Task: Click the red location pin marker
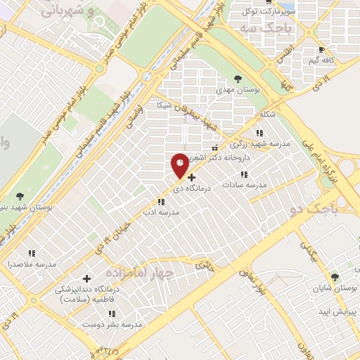[x=180, y=164]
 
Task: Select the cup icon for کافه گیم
[x=322, y=51]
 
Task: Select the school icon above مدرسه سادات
[x=244, y=174]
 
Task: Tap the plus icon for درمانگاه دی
[x=191, y=178]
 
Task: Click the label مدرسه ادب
[x=162, y=212]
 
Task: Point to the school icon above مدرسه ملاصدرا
[x=31, y=253]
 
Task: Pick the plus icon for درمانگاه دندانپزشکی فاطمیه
[x=86, y=279]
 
